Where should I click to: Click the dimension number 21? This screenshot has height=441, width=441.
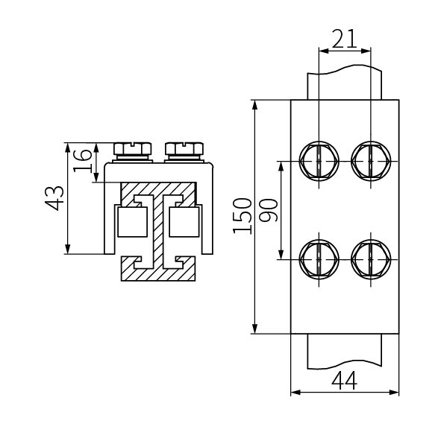[x=344, y=39]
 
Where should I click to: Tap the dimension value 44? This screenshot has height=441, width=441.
[x=344, y=380]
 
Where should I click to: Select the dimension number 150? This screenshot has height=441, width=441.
[x=242, y=216]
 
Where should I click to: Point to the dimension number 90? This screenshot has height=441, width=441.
[x=268, y=210]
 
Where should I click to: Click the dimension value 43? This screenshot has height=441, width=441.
[x=54, y=198]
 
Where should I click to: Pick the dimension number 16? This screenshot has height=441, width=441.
[x=82, y=161]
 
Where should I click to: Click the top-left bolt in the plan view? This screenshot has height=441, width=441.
[x=319, y=161]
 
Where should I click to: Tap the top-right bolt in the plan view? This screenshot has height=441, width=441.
[x=371, y=161]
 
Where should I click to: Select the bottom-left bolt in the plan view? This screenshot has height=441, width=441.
[x=319, y=259]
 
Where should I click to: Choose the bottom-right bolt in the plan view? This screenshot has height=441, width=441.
[x=371, y=259]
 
